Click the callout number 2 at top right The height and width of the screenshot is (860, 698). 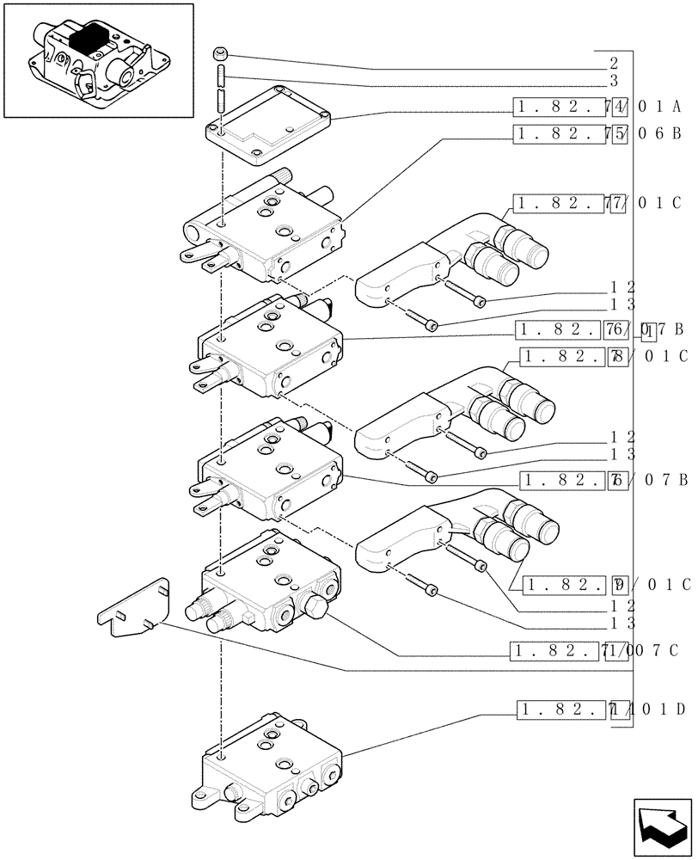click(x=613, y=64)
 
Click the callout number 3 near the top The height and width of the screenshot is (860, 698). click(x=613, y=82)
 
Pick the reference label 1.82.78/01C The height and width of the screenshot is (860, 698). click(x=603, y=356)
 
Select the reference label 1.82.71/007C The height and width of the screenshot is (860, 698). click(x=593, y=650)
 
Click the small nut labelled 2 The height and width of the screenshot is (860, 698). click(x=221, y=56)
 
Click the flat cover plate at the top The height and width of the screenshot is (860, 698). click(x=267, y=125)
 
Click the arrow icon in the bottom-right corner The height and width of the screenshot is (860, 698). click(x=661, y=826)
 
